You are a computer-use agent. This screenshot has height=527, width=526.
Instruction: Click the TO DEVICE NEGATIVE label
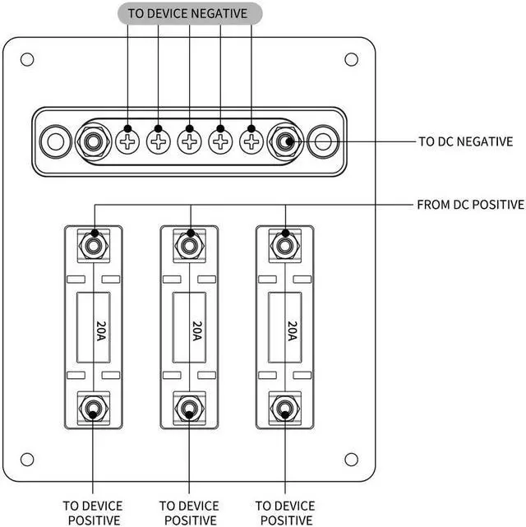pyautogui.click(x=187, y=13)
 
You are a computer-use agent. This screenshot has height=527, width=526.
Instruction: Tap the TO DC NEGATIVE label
pyautogui.click(x=466, y=141)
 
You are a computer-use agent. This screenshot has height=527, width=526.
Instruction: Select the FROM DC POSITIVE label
pyautogui.click(x=471, y=205)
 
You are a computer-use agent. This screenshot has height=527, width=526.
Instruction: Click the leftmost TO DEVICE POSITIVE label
pyautogui.click(x=93, y=513)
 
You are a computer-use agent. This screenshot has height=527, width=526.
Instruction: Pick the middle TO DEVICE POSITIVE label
pyautogui.click(x=189, y=513)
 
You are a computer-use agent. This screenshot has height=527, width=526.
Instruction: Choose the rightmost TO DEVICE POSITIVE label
pyautogui.click(x=285, y=513)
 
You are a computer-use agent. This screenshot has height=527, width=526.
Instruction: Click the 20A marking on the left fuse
pyautogui.click(x=101, y=331)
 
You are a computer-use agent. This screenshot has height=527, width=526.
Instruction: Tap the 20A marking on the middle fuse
pyautogui.click(x=197, y=331)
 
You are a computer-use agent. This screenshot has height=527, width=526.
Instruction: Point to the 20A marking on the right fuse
pyautogui.click(x=293, y=331)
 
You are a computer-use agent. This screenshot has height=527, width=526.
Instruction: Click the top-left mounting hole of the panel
pyautogui.click(x=27, y=60)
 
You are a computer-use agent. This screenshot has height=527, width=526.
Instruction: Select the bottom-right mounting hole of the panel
pyautogui.click(x=351, y=459)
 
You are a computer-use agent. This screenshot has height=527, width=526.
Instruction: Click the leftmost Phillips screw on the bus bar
pyautogui.click(x=127, y=142)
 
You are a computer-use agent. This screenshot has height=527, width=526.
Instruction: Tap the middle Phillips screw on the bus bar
pyautogui.click(x=189, y=142)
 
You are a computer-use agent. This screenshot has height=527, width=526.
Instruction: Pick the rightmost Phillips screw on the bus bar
pyautogui.click(x=251, y=142)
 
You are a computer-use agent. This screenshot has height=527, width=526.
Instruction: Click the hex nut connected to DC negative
pyautogui.click(x=285, y=142)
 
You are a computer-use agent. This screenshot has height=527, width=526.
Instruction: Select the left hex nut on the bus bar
pyautogui.click(x=93, y=142)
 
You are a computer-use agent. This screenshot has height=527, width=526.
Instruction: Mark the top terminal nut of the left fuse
pyautogui.click(x=94, y=246)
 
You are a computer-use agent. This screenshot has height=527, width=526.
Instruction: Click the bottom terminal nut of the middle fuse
pyautogui.click(x=189, y=409)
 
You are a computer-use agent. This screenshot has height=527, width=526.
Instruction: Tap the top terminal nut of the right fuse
pyautogui.click(x=285, y=246)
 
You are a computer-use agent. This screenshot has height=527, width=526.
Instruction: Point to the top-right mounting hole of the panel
pyautogui.click(x=351, y=60)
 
